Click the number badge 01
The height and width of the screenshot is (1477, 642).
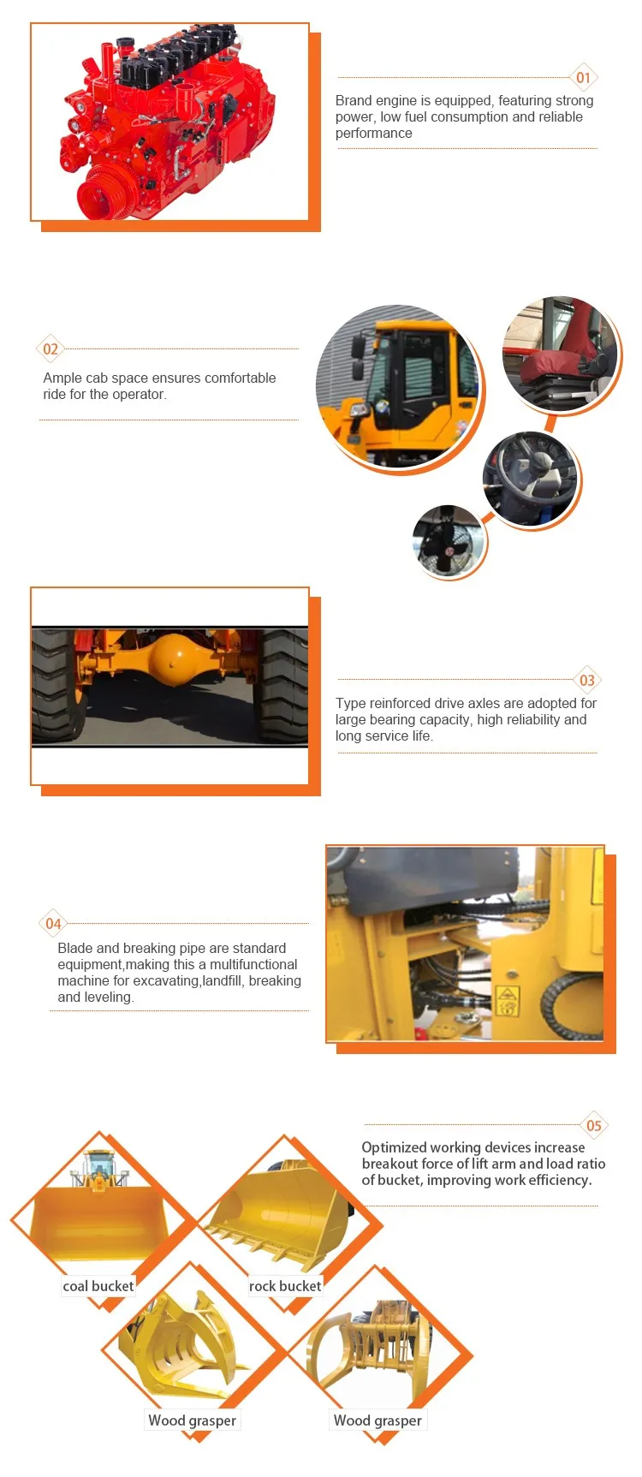pyautogui.click(x=583, y=78)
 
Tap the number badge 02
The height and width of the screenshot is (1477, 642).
pyautogui.click(x=51, y=348)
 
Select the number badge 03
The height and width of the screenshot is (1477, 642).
pyautogui.click(x=587, y=681)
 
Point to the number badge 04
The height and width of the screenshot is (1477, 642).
pyautogui.click(x=53, y=923)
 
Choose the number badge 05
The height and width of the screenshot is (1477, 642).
pyautogui.click(x=594, y=1125)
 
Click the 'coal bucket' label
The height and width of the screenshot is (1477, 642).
pyautogui.click(x=98, y=1286)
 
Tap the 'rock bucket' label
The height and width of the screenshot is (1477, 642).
pyautogui.click(x=285, y=1286)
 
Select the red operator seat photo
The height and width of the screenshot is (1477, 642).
pyautogui.click(x=561, y=353)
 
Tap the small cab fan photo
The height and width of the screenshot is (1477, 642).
pyautogui.click(x=448, y=541)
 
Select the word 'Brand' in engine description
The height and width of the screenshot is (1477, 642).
pyautogui.click(x=354, y=101)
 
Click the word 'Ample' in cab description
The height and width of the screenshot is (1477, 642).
pyautogui.click(x=62, y=378)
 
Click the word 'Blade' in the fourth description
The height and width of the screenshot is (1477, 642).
pyautogui.click(x=75, y=948)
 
